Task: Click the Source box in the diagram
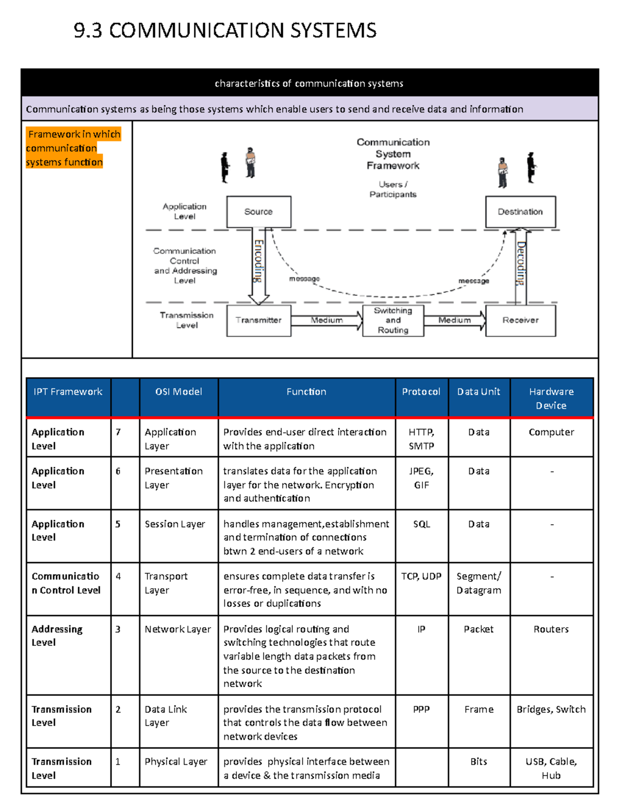tap(258, 211)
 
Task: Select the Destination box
tap(520, 211)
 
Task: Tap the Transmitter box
tap(258, 320)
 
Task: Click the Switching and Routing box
tap(393, 320)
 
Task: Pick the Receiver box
tap(520, 320)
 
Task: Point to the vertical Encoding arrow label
tap(258, 261)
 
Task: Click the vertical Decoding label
tap(521, 263)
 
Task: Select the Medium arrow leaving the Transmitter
tap(327, 320)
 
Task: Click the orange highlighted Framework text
tap(73, 148)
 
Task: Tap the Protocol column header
tap(421, 392)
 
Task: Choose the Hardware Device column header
tap(551, 399)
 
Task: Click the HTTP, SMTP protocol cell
tap(421, 439)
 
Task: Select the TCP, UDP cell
tap(421, 576)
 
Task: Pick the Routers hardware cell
tap(551, 629)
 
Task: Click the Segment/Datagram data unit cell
tap(479, 583)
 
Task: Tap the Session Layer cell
tap(175, 524)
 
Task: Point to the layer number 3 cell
tap(118, 629)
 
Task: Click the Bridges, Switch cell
tap(551, 710)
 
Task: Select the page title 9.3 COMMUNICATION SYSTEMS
tap(225, 30)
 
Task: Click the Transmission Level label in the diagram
tap(186, 320)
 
